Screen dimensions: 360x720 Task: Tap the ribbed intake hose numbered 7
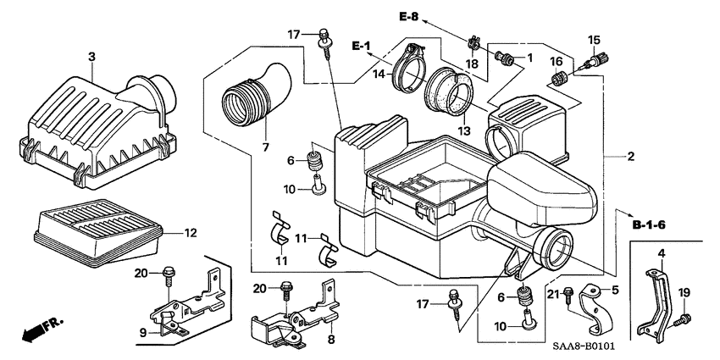point(254,93)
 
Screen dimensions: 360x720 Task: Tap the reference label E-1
point(362,44)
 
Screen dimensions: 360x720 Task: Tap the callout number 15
point(593,40)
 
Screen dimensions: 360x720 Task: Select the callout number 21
point(553,293)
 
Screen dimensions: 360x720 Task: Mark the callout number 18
point(473,64)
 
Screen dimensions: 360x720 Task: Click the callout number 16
point(557,61)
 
